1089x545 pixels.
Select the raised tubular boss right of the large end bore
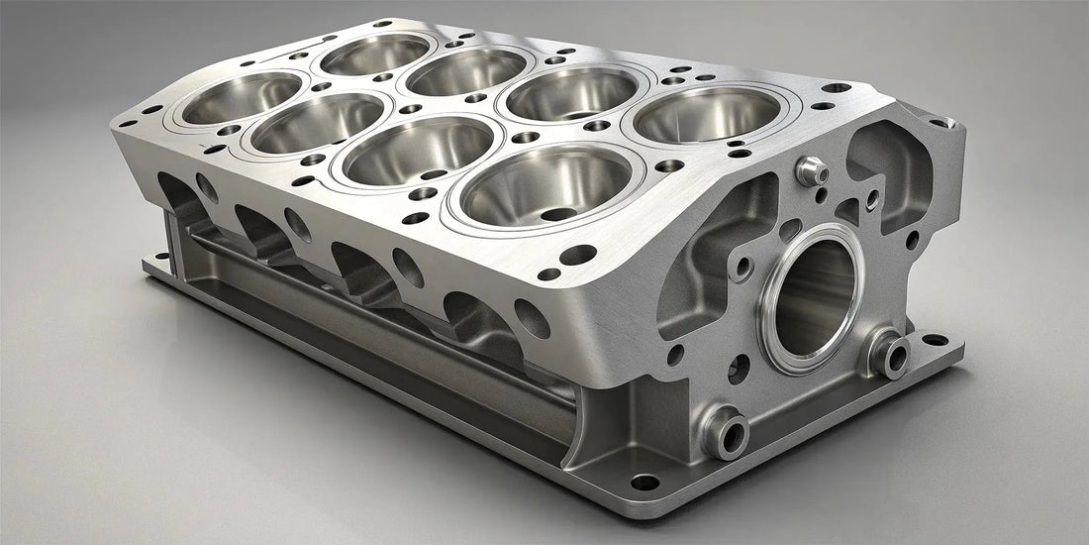click(x=889, y=351)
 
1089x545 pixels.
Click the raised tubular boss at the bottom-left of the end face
click(x=725, y=431)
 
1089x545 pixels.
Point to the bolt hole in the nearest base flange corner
click(x=644, y=483)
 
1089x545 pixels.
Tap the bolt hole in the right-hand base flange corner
click(x=934, y=340)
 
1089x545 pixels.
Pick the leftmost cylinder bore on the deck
click(x=243, y=97)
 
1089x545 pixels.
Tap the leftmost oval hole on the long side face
click(x=207, y=187)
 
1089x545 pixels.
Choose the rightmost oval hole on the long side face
click(x=532, y=318)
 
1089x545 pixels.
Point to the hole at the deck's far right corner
click(x=838, y=88)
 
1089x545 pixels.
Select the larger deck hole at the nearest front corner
click(x=579, y=255)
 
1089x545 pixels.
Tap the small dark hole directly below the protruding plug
click(x=821, y=195)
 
